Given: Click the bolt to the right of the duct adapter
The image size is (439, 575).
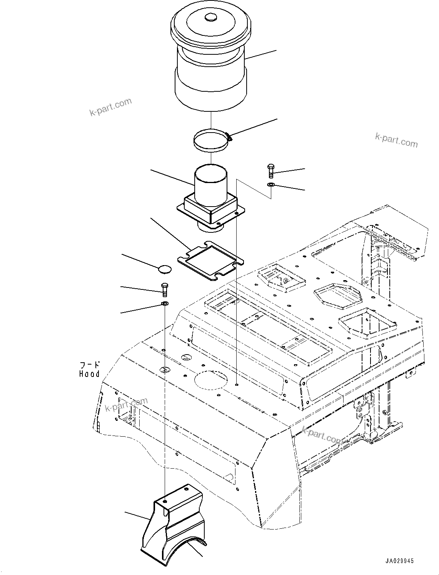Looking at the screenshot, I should tap(270, 170).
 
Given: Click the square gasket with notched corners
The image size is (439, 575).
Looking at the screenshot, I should tap(210, 262).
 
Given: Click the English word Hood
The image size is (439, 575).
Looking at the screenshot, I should tap(89, 374).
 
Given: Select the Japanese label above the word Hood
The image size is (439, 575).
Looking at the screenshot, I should tap(89, 365).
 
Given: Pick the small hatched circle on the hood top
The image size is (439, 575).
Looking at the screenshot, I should tap(164, 370).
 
